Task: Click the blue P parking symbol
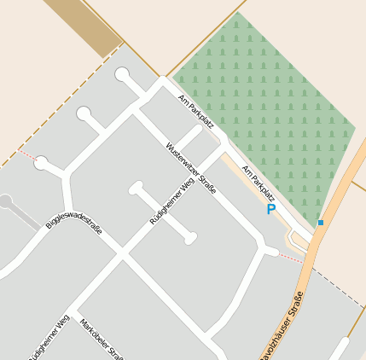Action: pyautogui.click(x=271, y=209)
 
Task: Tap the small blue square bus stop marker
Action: pyautogui.click(x=321, y=223)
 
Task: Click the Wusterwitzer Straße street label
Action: pyautogui.click(x=191, y=166)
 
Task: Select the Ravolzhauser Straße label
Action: pyautogui.click(x=284, y=328)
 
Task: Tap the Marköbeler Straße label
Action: pyautogui.click(x=102, y=340)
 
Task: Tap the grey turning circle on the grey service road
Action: pyautogui.click(x=5, y=202)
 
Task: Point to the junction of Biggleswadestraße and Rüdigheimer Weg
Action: pyautogui.click(x=121, y=254)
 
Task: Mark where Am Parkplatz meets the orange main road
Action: pyautogui.click(x=310, y=242)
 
